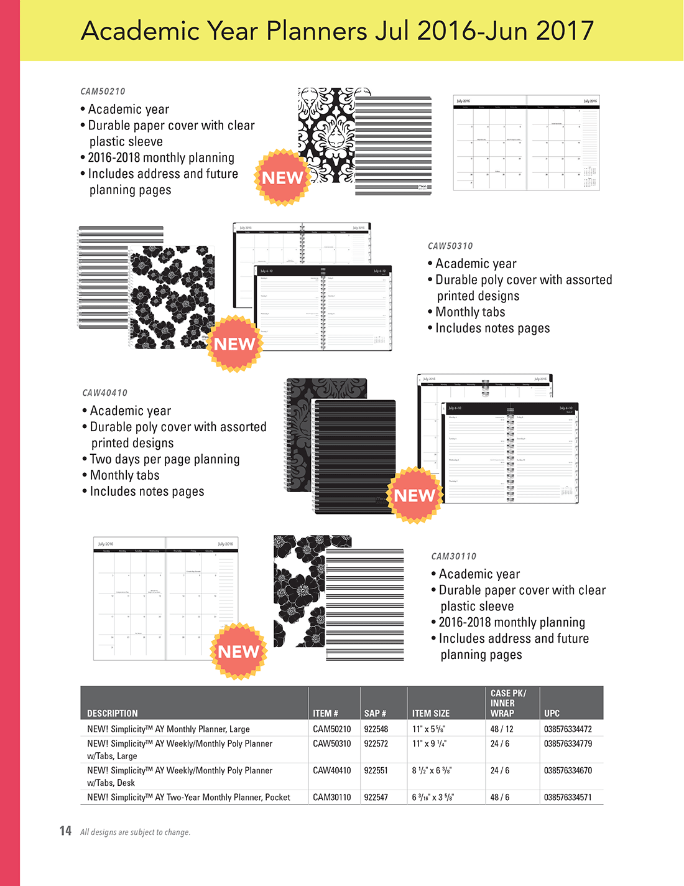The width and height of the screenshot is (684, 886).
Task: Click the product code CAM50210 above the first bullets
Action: (x=103, y=91)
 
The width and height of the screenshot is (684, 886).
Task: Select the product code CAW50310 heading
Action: (x=450, y=246)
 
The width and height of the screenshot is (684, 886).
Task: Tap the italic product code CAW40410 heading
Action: (x=104, y=393)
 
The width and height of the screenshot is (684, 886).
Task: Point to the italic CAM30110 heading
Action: (x=454, y=556)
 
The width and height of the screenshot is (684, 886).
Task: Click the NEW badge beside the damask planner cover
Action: (x=282, y=178)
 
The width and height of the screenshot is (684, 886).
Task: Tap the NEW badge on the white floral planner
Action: (x=234, y=344)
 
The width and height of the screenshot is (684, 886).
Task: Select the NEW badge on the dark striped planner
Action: (x=415, y=495)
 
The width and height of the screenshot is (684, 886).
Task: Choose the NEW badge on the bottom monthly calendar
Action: (x=239, y=651)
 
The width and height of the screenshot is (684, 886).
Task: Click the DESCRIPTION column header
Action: (x=113, y=713)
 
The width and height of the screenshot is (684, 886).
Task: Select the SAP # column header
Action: (x=375, y=713)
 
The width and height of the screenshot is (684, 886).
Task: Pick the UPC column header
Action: (x=552, y=713)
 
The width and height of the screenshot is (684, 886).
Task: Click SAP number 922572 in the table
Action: (x=376, y=744)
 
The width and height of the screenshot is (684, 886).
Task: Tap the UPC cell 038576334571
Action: (x=568, y=797)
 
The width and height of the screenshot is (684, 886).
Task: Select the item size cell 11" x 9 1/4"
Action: (x=429, y=744)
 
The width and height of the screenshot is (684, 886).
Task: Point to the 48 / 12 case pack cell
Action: (x=502, y=729)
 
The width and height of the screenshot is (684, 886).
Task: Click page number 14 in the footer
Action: (x=65, y=831)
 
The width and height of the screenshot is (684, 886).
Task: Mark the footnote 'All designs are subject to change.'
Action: (x=135, y=832)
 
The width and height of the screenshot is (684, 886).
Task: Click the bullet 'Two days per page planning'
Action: (x=165, y=459)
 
